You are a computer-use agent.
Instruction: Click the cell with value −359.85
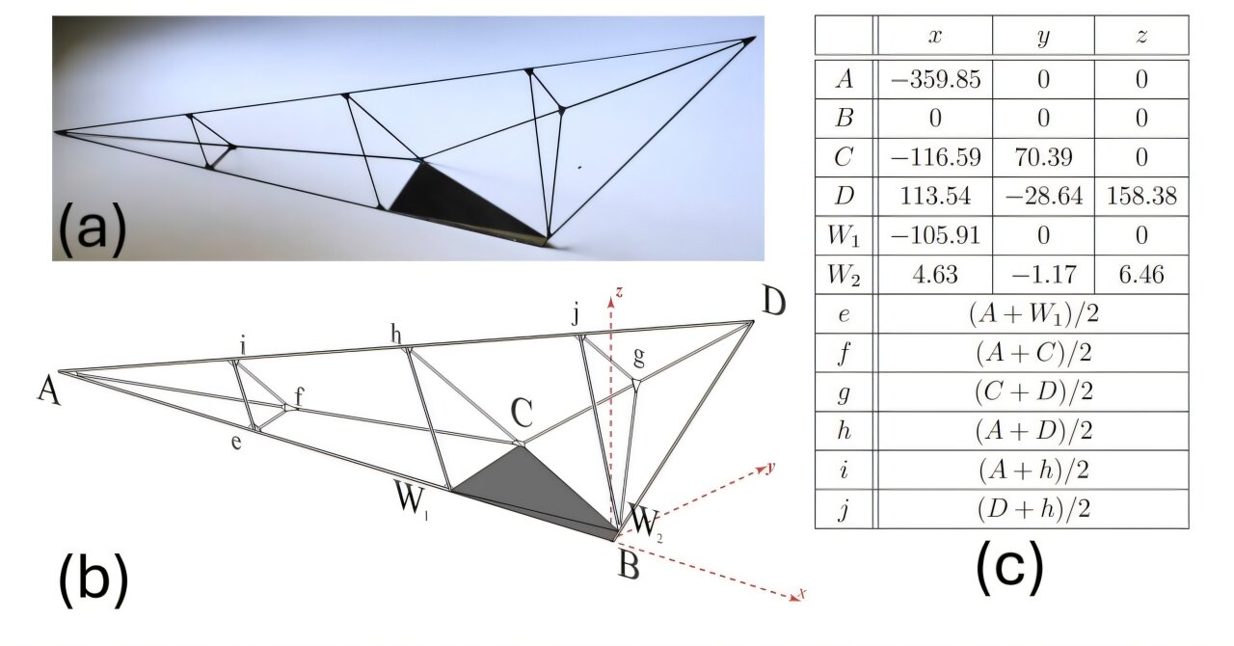(x=933, y=80)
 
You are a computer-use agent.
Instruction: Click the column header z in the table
(x=1141, y=35)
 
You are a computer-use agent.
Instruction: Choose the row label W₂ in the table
(x=844, y=276)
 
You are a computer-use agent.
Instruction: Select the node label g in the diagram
(x=637, y=359)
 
